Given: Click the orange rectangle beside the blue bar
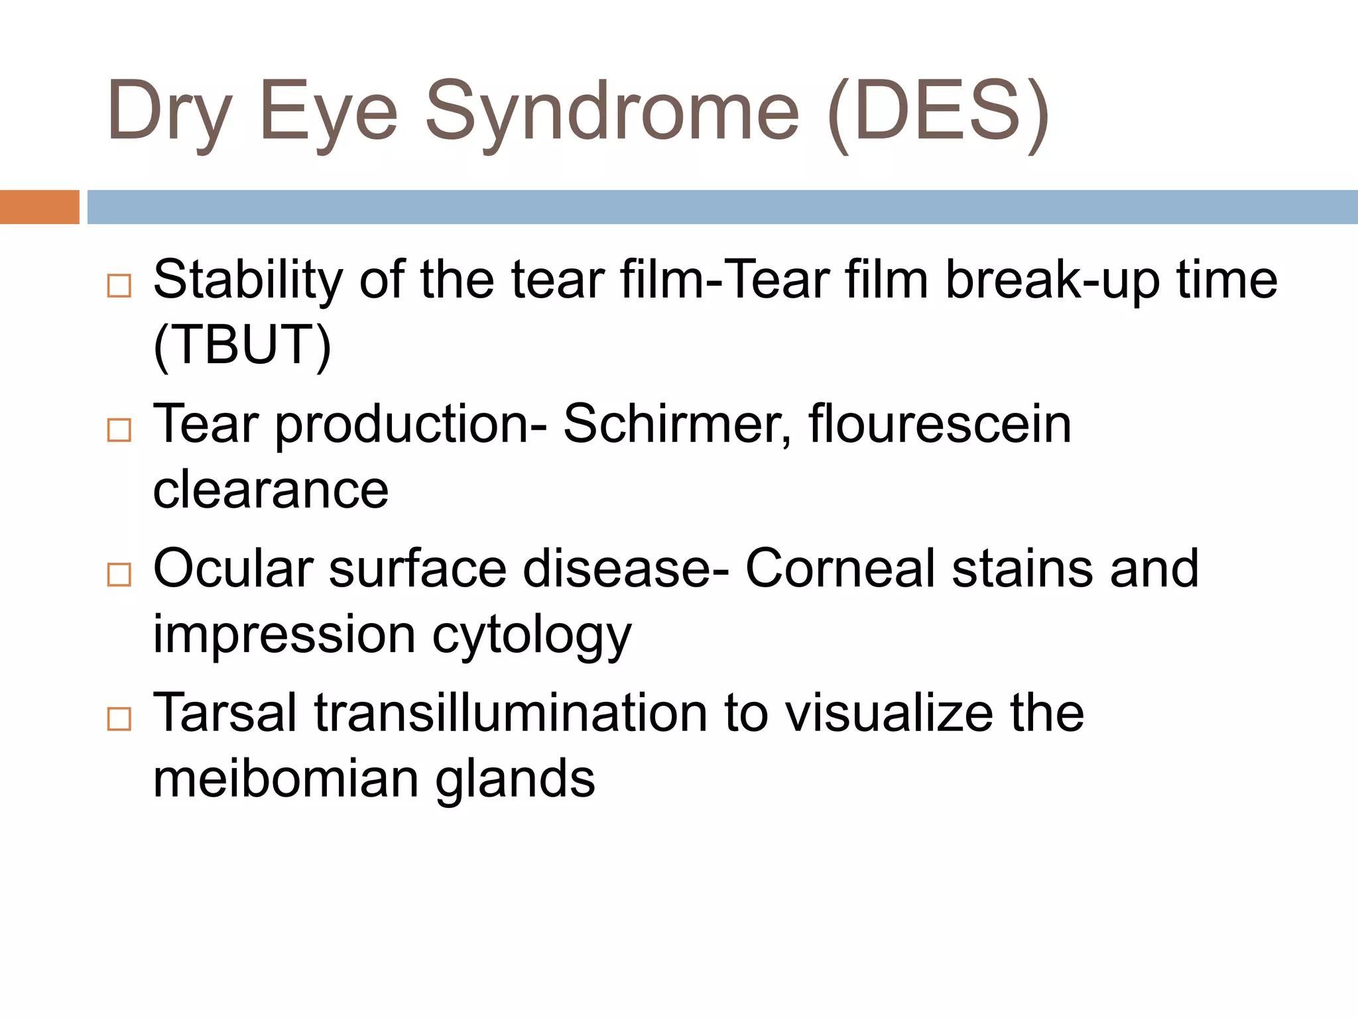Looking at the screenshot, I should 39,207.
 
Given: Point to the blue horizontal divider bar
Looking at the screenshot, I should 722,207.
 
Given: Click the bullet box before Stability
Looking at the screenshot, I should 119,286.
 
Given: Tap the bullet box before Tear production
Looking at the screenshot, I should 119,430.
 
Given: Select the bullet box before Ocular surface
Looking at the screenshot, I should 119,574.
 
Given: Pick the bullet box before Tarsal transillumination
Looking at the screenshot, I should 119,718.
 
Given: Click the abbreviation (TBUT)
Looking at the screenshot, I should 242,345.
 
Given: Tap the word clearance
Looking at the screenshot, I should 271,490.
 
